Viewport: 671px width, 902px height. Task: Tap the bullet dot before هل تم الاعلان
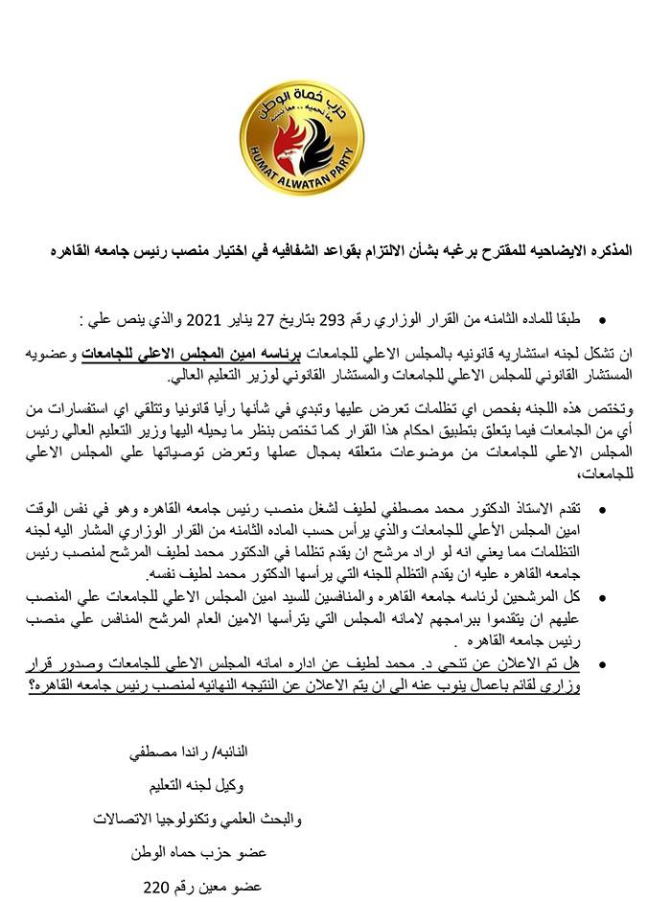pos(601,661)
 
